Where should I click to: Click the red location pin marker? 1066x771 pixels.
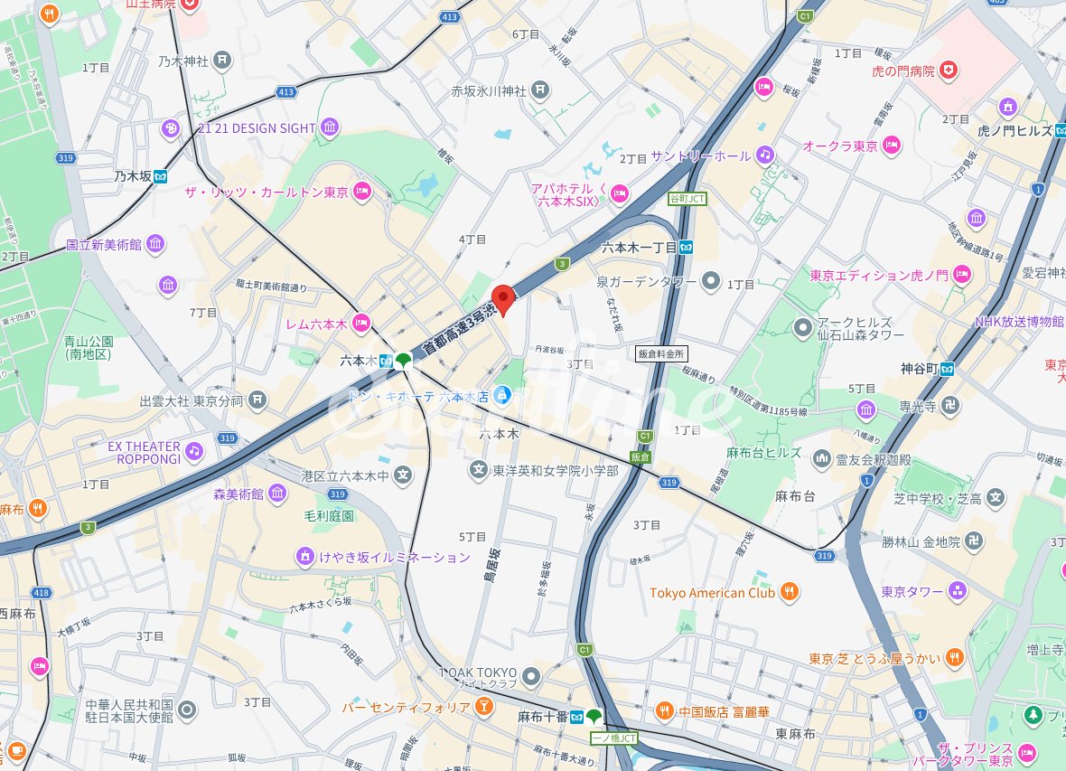502,298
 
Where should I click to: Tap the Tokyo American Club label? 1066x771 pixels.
712,593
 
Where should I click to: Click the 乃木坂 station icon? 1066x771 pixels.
161,176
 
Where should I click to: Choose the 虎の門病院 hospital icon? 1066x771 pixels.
948,71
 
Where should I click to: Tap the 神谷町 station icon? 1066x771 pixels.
947,368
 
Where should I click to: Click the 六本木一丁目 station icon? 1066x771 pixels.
687,247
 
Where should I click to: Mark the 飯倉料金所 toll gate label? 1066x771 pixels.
661,353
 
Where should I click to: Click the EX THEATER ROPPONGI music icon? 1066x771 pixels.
193,450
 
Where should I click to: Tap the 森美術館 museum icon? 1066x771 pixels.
276,494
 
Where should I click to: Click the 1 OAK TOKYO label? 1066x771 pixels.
478,673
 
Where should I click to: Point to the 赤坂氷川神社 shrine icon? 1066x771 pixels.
539,89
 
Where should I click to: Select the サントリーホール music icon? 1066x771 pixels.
765,155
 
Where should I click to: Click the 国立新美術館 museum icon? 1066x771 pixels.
155,244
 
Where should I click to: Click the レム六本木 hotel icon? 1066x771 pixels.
361,322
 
